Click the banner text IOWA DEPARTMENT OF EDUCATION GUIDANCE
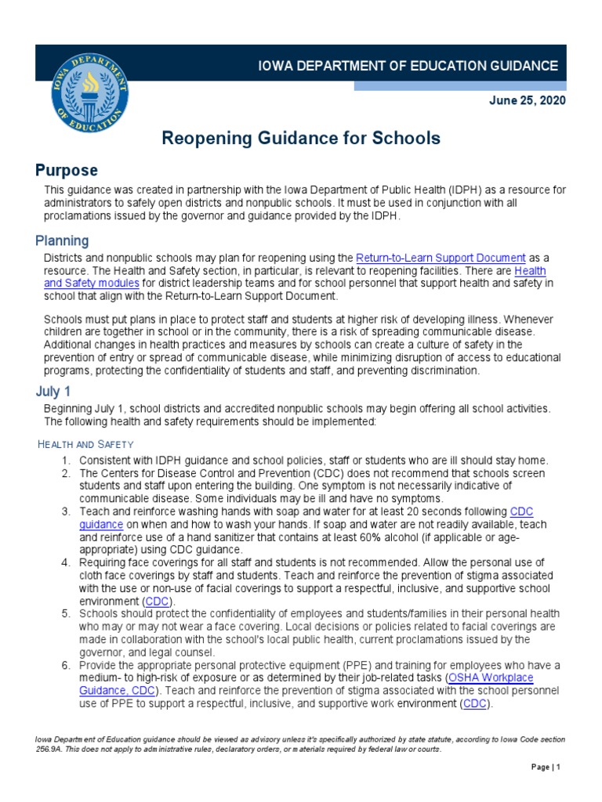[408, 67]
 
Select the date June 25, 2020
[527, 101]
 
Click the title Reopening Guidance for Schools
[301, 139]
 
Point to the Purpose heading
[67, 170]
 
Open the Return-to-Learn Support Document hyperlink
[441, 258]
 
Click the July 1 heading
[53, 392]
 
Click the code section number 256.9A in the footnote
[53, 749]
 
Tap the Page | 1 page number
[546, 767]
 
